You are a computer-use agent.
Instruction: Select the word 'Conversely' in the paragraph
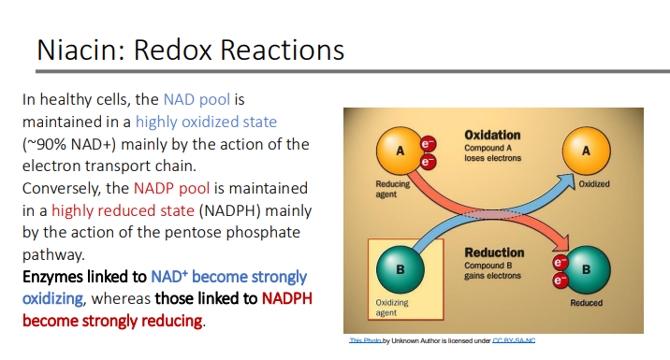(x=61, y=189)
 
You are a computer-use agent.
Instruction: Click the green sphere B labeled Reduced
(x=587, y=268)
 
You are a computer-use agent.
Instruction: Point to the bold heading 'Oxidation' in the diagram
(x=492, y=136)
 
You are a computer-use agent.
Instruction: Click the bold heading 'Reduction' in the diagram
(x=494, y=252)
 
